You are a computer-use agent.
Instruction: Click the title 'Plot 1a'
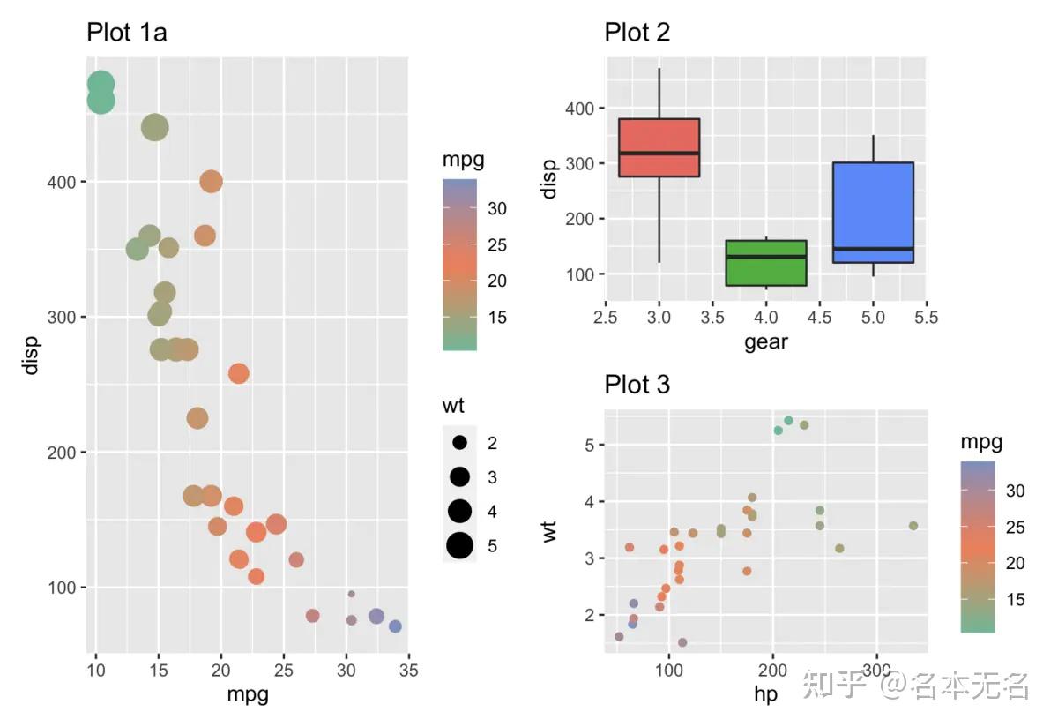[x=126, y=34]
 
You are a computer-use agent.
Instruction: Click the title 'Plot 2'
[x=637, y=34]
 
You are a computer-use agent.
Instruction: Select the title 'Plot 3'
[x=637, y=386]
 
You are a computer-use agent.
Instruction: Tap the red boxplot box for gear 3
[x=659, y=147]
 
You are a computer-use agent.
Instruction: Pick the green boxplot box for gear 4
[x=766, y=263]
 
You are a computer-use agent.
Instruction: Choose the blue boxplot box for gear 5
[x=873, y=213]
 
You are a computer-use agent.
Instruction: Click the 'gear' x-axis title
[x=765, y=341]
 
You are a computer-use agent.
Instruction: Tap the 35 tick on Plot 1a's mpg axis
[x=408, y=671]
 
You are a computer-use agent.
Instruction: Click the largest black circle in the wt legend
[x=459, y=546]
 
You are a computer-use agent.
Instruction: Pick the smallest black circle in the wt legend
[x=459, y=442]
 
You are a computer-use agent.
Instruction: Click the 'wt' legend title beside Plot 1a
[x=454, y=407]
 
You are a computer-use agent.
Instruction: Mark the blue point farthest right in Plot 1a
[x=395, y=626]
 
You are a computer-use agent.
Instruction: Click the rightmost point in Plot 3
[x=913, y=526]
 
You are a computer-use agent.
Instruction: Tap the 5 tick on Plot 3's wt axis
[x=586, y=445]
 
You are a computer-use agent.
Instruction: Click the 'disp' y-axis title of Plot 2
[x=550, y=179]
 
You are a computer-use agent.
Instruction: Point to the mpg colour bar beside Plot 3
[x=977, y=547]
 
